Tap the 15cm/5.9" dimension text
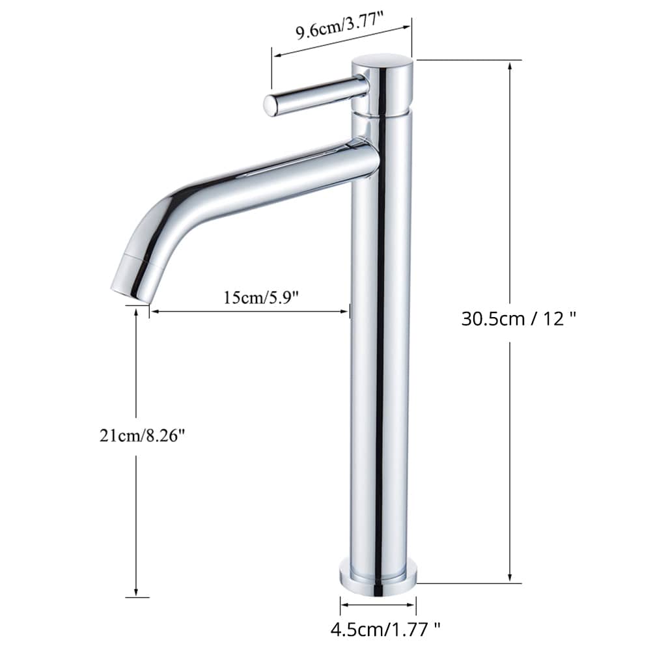pos(260,298)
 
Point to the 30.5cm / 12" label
pos(519,318)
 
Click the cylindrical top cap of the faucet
pos(382,85)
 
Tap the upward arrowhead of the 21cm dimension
pos(136,312)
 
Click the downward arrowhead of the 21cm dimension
pos(136,594)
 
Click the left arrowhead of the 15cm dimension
pos(154,312)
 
